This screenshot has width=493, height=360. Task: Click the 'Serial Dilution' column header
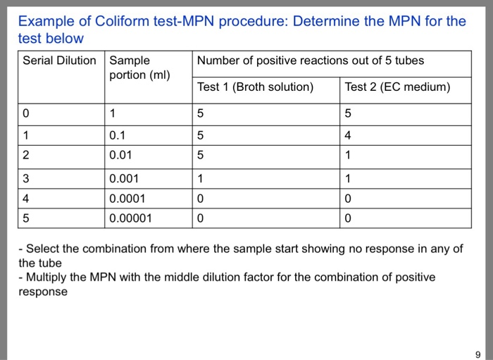59,61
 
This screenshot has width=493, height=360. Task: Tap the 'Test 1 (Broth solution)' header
255,87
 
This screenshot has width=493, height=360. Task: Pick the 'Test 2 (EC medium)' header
397,87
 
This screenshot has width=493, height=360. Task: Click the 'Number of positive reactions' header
311,61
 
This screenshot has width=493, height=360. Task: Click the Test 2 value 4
349,135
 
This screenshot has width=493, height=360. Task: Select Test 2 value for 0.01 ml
349,154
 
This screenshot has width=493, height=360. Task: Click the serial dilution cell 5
26,218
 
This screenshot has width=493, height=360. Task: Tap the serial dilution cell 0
26,113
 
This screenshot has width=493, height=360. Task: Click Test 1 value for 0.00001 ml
201,218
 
